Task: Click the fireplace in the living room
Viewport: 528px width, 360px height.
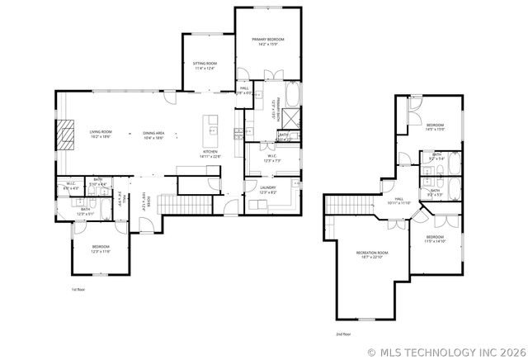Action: point(64,135)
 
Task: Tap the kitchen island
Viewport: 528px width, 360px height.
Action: point(212,129)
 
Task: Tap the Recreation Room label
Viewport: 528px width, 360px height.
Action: point(372,253)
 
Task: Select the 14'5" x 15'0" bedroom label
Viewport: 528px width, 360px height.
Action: point(435,127)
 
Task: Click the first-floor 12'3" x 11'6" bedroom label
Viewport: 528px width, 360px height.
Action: point(101,249)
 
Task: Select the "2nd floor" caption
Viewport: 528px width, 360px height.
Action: point(342,334)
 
